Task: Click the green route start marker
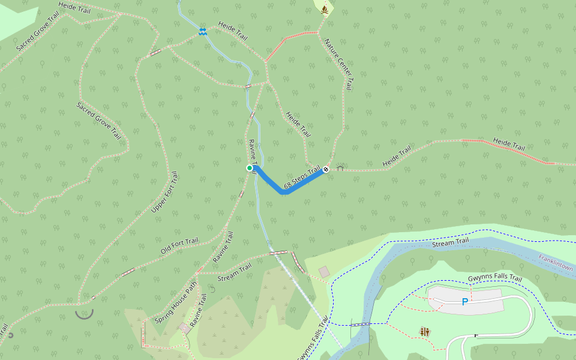(x=250, y=168)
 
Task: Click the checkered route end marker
(x=326, y=169)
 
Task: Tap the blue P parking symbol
(x=464, y=302)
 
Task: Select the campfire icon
(x=325, y=9)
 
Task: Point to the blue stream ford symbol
(x=203, y=31)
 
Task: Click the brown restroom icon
(x=425, y=332)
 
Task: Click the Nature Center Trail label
(x=339, y=64)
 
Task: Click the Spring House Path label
(x=176, y=303)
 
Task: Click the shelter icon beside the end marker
(x=340, y=169)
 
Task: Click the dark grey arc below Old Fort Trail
(x=85, y=314)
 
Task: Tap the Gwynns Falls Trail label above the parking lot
(x=495, y=279)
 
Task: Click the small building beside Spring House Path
(x=183, y=327)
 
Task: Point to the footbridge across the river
(x=361, y=324)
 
